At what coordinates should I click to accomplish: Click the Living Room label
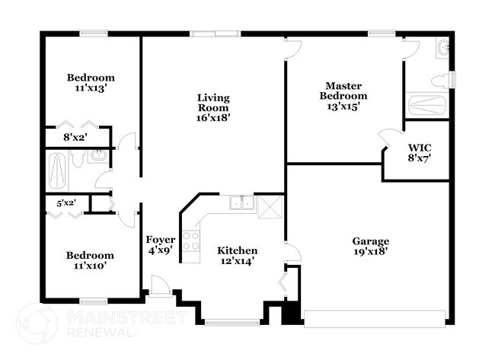pyautogui.click(x=213, y=103)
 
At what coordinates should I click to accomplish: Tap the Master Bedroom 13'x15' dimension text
pyautogui.click(x=343, y=107)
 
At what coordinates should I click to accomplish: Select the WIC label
pyautogui.click(x=420, y=148)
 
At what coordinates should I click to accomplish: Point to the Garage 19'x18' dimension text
pyautogui.click(x=370, y=251)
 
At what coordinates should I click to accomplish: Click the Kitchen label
pyautogui.click(x=238, y=251)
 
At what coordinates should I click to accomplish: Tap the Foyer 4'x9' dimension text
pyautogui.click(x=161, y=250)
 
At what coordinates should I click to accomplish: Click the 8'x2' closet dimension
pyautogui.click(x=75, y=138)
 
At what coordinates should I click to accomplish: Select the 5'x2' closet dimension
pyautogui.click(x=66, y=203)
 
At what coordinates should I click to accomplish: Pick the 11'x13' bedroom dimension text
pyautogui.click(x=91, y=88)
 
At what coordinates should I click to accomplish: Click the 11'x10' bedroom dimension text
pyautogui.click(x=90, y=266)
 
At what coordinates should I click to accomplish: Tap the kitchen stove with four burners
pyautogui.click(x=191, y=241)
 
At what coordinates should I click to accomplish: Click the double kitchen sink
pyautogui.click(x=242, y=203)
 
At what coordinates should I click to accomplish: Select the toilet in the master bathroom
pyautogui.click(x=441, y=80)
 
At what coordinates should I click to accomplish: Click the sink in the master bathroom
pyautogui.click(x=443, y=48)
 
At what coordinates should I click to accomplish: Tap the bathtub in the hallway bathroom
pyautogui.click(x=57, y=170)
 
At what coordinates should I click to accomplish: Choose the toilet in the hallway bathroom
pyautogui.click(x=77, y=158)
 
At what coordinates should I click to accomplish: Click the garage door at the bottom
pyautogui.click(x=375, y=319)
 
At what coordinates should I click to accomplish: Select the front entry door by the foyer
pyautogui.click(x=161, y=286)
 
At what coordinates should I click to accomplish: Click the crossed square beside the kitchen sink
pyautogui.click(x=270, y=207)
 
